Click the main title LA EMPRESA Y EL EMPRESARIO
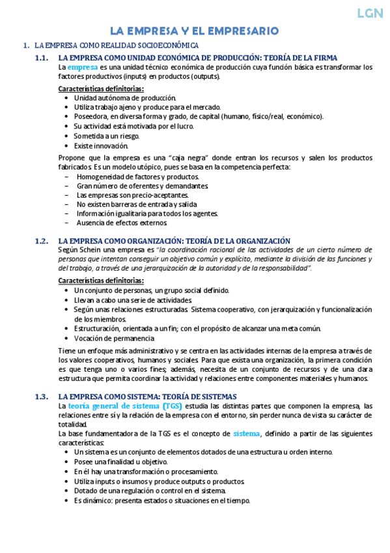pyautogui.click(x=194, y=31)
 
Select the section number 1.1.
pyautogui.click(x=42, y=58)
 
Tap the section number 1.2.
pyautogui.click(x=42, y=241)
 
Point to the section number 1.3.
pyautogui.click(x=42, y=396)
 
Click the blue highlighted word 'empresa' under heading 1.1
pyautogui.click(x=82, y=67)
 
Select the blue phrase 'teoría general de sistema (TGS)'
pyautogui.click(x=125, y=406)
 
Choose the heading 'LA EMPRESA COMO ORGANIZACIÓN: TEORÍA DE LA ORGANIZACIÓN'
pyautogui.click(x=174, y=241)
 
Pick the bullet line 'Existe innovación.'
pyautogui.click(x=101, y=145)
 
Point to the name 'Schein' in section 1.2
pyautogui.click(x=90, y=250)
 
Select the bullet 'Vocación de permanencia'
pyautogui.click(x=114, y=338)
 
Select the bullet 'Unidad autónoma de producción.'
pyautogui.click(x=120, y=97)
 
